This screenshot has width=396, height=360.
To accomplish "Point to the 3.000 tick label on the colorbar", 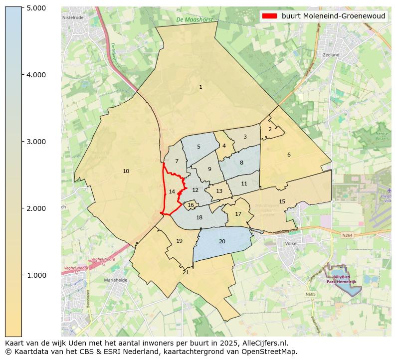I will click(x=36, y=142).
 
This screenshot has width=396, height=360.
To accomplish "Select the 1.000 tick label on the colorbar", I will click(x=36, y=275).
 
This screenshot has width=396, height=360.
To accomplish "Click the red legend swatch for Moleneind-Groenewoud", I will click(x=269, y=16).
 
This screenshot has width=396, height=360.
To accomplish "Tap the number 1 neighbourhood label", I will click(x=200, y=87).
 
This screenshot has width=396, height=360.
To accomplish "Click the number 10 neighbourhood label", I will click(x=126, y=172).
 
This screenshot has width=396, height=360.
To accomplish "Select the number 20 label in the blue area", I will click(x=222, y=242).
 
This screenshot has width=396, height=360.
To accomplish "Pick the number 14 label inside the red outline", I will click(x=172, y=192).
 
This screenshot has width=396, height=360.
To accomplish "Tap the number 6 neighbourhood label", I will click(x=289, y=155).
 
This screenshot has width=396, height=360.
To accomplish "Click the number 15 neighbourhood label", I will click(x=282, y=202).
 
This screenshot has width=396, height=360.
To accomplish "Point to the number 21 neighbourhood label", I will click(x=186, y=273).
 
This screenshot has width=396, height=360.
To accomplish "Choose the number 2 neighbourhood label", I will click(x=270, y=129).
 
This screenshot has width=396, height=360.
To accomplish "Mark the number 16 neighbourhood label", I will click(x=191, y=205).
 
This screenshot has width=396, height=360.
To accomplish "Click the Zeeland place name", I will click(x=331, y=55).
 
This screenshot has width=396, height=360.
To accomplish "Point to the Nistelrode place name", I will click(x=73, y=17).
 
